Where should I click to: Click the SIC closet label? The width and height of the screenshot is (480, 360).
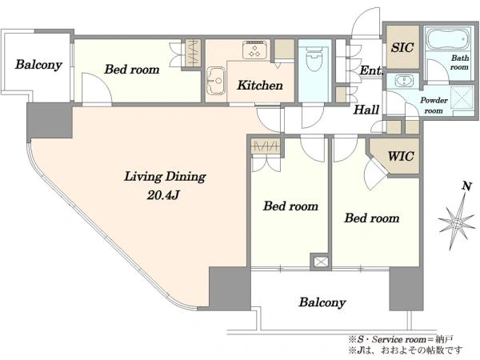(x=402, y=47)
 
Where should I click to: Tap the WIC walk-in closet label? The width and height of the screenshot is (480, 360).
(x=401, y=156)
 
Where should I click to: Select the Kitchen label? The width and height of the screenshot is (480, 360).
(x=260, y=85)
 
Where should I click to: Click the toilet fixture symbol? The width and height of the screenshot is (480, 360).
(x=314, y=58)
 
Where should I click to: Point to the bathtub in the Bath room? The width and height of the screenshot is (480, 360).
(x=447, y=40)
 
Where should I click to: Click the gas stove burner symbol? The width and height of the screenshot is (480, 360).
(x=255, y=50)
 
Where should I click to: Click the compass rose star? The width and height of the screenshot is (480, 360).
(x=457, y=223)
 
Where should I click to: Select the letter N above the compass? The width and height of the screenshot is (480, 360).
(x=466, y=186)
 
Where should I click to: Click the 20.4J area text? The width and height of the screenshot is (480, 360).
(x=163, y=194)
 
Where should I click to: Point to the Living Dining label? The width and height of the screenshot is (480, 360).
(x=165, y=178)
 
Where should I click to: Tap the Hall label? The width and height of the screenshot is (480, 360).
(x=366, y=110)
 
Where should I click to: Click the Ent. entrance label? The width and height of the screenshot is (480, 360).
(x=371, y=70)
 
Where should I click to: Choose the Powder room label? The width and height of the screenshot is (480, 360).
(x=434, y=106)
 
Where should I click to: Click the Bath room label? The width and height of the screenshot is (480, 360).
(x=460, y=62)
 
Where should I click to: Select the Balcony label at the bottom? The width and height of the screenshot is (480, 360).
(x=322, y=302)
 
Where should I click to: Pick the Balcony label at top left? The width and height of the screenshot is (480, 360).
(x=38, y=65)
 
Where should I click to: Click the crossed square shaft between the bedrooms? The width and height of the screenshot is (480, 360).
(x=321, y=262)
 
